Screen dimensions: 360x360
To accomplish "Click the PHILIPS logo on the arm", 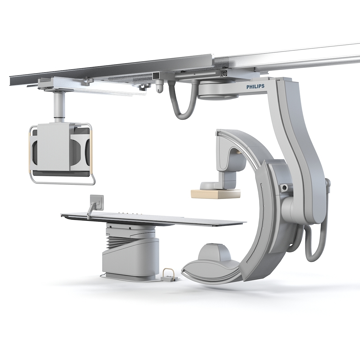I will point(255,86).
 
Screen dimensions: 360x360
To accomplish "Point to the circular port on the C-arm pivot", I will point(283,188).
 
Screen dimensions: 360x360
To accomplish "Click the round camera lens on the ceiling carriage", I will point(224,74).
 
